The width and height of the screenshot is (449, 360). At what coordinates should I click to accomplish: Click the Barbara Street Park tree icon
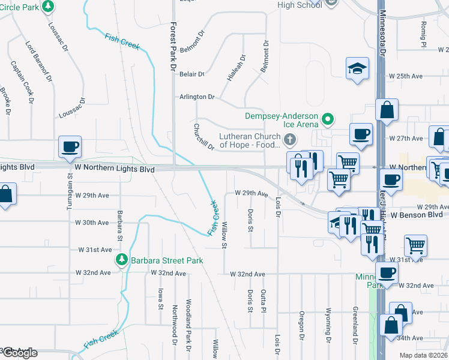point(121,260)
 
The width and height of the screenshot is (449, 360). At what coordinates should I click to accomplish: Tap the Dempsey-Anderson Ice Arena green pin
point(328,119)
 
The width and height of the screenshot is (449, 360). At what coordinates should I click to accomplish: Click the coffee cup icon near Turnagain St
point(70,146)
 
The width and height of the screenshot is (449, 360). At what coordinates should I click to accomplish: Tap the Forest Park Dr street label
point(173,48)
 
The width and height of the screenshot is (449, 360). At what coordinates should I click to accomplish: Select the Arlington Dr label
point(197,97)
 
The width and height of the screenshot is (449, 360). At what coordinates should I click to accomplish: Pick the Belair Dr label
point(192,74)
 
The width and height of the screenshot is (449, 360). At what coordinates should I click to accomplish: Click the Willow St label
point(224,235)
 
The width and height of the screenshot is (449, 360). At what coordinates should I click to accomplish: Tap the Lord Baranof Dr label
point(39,61)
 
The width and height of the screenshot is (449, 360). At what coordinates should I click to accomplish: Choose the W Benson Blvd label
point(415,215)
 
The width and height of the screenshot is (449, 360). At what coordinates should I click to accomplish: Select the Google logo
point(19,353)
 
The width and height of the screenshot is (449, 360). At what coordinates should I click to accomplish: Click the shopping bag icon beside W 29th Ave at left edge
point(5,195)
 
